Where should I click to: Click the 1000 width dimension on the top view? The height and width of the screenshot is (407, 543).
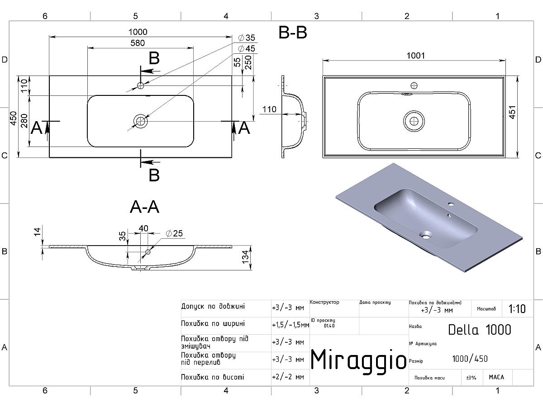click(138, 32)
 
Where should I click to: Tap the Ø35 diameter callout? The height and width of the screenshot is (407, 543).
click(247, 38)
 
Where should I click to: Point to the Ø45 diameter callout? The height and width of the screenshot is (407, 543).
click(247, 48)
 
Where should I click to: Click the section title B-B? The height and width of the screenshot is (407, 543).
click(293, 33)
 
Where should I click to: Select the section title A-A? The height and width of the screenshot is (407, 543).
click(144, 207)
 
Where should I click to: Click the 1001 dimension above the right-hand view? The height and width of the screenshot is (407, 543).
click(416, 55)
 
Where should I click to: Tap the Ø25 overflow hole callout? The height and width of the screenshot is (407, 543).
click(174, 233)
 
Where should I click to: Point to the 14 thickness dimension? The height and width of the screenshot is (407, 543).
click(38, 232)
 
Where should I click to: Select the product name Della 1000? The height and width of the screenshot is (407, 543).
click(479, 330)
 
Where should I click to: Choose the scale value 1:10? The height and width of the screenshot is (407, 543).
click(517, 309)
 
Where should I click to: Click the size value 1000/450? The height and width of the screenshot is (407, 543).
click(470, 359)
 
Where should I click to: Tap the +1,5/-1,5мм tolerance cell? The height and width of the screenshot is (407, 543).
click(290, 325)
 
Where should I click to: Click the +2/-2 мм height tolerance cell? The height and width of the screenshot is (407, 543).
click(288, 377)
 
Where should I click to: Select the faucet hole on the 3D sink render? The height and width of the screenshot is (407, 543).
click(452, 203)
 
